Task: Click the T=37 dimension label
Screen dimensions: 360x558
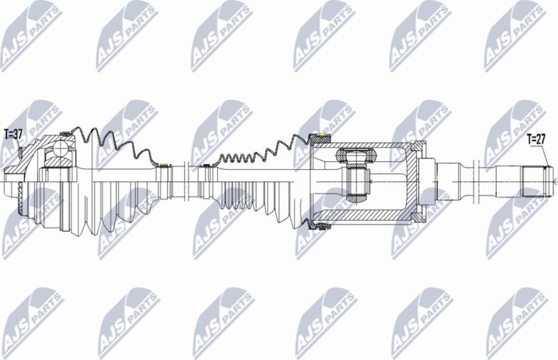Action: coord(13,134)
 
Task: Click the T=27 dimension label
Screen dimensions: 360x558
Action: coord(535,139)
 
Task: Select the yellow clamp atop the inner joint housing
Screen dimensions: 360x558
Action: coord(321,138)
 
